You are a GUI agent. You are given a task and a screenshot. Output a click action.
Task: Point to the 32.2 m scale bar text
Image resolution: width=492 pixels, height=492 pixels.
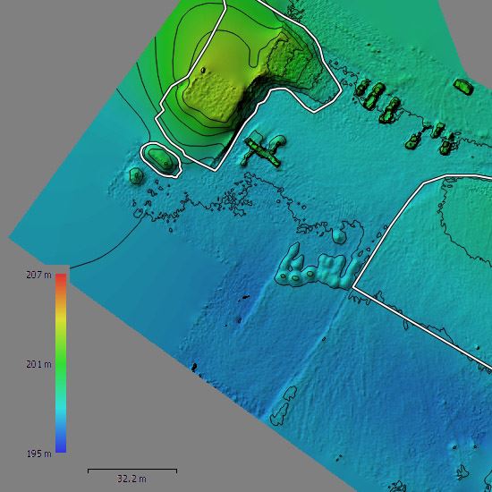(x=131, y=479)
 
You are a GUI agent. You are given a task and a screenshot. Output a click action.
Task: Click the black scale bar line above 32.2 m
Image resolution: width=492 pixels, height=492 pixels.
(x=131, y=470)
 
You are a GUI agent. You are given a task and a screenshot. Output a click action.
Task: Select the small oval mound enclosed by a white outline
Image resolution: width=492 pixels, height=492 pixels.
(x=162, y=158)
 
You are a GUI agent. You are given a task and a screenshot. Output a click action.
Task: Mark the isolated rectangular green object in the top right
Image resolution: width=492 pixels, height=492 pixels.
(x=462, y=86)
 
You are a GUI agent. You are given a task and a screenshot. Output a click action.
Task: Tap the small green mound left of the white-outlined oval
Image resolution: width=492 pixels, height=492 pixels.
(x=135, y=175)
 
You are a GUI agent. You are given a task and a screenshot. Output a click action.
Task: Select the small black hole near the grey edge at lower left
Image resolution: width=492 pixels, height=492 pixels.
(x=193, y=366)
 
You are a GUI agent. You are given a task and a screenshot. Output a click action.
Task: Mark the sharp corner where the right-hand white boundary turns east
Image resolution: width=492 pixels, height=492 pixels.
(x=354, y=287)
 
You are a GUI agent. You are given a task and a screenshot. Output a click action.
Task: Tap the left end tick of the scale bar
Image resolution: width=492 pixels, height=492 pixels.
(x=88, y=470)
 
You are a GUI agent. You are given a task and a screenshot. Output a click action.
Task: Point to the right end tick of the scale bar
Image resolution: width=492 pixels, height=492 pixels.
(x=176, y=470)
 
